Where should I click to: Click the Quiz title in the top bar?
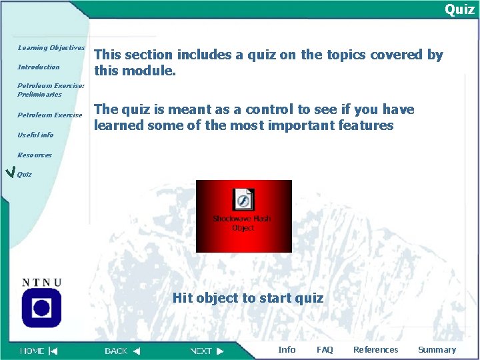(459, 9)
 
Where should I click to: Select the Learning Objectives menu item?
(51, 48)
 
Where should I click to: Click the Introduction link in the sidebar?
(39, 67)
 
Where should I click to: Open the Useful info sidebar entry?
(35, 135)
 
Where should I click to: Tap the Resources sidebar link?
(35, 155)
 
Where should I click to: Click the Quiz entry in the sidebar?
(25, 175)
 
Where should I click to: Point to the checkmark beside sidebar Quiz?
(9, 174)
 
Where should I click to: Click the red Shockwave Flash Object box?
(243, 216)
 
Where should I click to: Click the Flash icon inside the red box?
(243, 200)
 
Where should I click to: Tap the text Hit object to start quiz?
(248, 298)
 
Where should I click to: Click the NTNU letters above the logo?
(41, 282)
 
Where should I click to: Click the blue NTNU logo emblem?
(41, 307)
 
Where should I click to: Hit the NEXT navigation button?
(207, 351)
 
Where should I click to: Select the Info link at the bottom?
(287, 350)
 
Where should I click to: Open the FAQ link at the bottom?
(325, 350)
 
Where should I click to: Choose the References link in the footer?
(375, 350)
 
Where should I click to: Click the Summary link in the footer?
(437, 350)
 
